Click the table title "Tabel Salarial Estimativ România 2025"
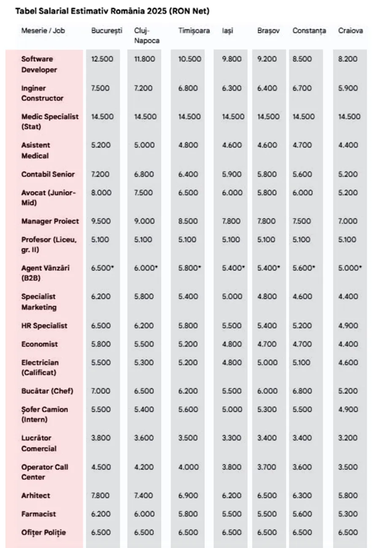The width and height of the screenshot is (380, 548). click(x=112, y=11)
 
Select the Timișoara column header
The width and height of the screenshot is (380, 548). click(x=194, y=31)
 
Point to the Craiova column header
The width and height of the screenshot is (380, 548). click(x=350, y=31)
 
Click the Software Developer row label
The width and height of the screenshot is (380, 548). click(x=39, y=64)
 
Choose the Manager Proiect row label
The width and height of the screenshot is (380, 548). click(x=50, y=221)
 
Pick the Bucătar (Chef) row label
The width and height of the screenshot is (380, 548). click(x=47, y=391)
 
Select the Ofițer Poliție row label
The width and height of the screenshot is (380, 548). click(x=43, y=532)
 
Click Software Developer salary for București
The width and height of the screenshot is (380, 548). click(x=102, y=59)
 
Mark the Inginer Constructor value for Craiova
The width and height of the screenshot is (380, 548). click(x=347, y=88)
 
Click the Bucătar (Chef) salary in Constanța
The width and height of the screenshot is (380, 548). click(x=302, y=391)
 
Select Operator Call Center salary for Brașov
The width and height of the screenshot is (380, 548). click(x=267, y=467)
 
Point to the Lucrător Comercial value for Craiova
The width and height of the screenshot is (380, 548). click(x=347, y=438)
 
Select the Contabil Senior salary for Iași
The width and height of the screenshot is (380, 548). click(x=232, y=174)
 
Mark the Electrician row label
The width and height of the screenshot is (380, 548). click(x=40, y=368)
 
